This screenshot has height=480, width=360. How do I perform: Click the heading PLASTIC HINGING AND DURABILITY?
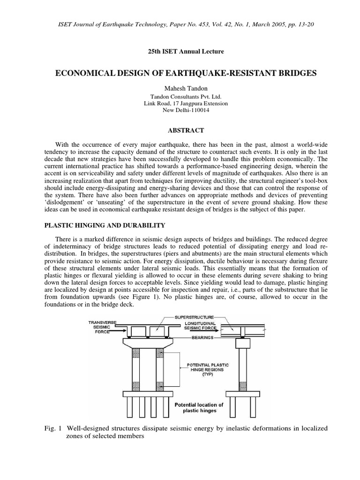pos(105,225)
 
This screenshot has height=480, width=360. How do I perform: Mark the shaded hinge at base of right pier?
pos(243,386)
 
